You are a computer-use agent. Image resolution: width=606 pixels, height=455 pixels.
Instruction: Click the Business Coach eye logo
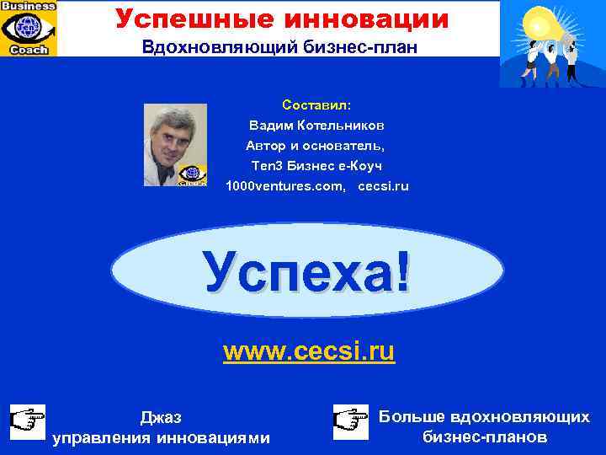29,28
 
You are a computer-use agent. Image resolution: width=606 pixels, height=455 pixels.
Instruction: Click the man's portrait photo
175,144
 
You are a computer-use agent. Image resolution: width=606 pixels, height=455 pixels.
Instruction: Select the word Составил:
316,106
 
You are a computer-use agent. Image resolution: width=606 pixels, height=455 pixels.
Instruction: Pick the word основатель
346,146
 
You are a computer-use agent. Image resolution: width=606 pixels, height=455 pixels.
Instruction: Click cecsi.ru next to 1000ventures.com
383,185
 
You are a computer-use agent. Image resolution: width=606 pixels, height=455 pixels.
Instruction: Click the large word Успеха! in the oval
308,275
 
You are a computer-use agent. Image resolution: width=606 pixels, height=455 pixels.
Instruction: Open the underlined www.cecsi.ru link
308,351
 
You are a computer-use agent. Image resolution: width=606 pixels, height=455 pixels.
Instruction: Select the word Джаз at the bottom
160,417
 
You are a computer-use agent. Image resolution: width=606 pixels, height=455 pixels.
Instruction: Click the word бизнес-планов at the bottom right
485,437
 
